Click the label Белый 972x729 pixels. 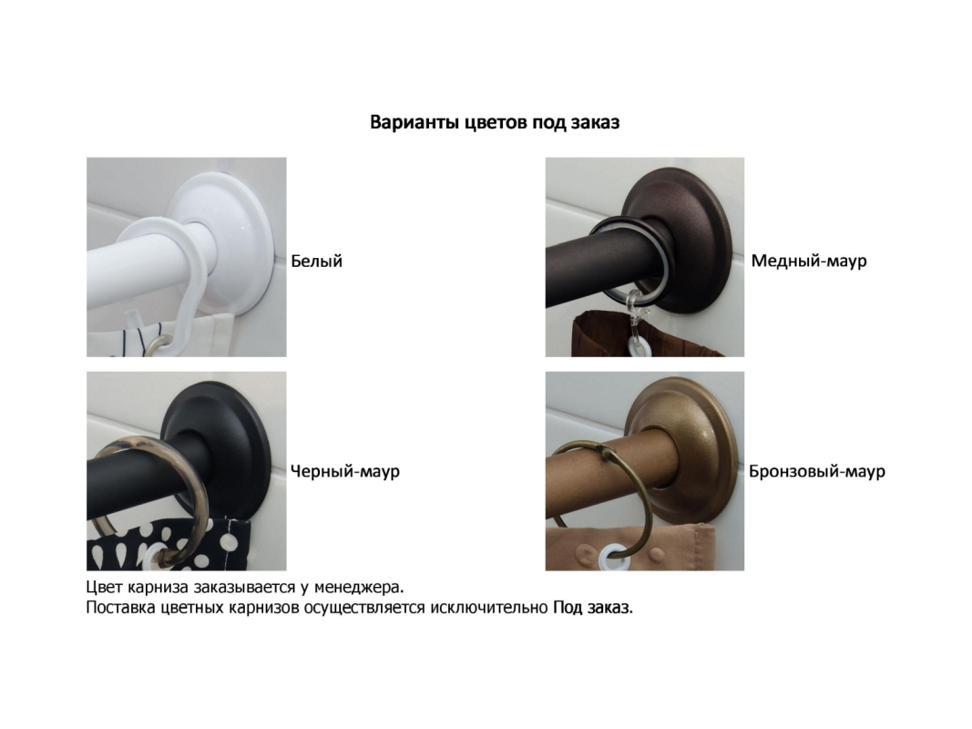tap(316, 261)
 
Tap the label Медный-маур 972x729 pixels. tap(808, 261)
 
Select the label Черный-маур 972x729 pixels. tap(344, 471)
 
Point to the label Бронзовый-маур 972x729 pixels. tap(816, 471)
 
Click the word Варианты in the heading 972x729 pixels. tap(414, 122)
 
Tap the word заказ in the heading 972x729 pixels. tap(595, 122)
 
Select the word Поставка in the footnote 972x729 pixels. tap(120, 608)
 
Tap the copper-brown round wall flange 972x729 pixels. tap(701, 204)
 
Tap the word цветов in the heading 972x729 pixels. tap(487, 123)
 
